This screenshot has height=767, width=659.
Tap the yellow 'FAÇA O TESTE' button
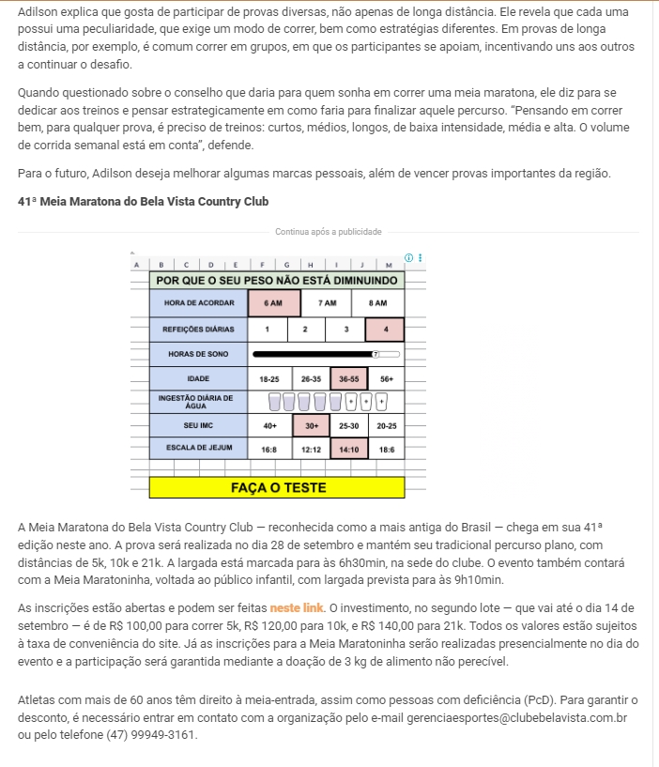(278, 488)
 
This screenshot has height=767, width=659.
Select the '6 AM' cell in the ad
(274, 303)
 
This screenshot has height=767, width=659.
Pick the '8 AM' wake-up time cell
(377, 303)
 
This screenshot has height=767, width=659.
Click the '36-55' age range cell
(349, 378)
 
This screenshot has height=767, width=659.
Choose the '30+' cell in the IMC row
(310, 425)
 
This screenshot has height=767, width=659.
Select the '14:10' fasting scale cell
(349, 450)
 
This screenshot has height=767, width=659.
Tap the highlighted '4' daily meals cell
(385, 330)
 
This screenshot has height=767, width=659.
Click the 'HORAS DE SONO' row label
(197, 354)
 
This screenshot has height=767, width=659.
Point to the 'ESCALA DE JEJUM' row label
(197, 448)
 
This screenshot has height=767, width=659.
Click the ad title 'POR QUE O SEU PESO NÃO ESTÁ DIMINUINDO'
(278, 280)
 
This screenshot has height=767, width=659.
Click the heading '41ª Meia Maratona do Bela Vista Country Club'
(143, 201)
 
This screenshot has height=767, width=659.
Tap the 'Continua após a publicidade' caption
(329, 232)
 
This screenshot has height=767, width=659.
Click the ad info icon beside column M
(408, 257)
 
